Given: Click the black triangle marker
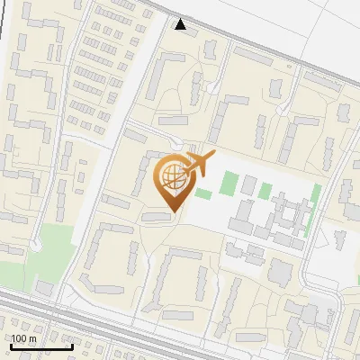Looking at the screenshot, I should [x=181, y=24].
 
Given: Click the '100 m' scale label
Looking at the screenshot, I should [x=23, y=339].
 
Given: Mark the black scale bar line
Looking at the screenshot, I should [x=41, y=347].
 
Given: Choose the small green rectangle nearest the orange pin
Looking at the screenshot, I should [x=203, y=193].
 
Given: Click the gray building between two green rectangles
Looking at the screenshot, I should [x=248, y=185].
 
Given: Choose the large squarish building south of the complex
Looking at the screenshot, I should [x=281, y=270].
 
